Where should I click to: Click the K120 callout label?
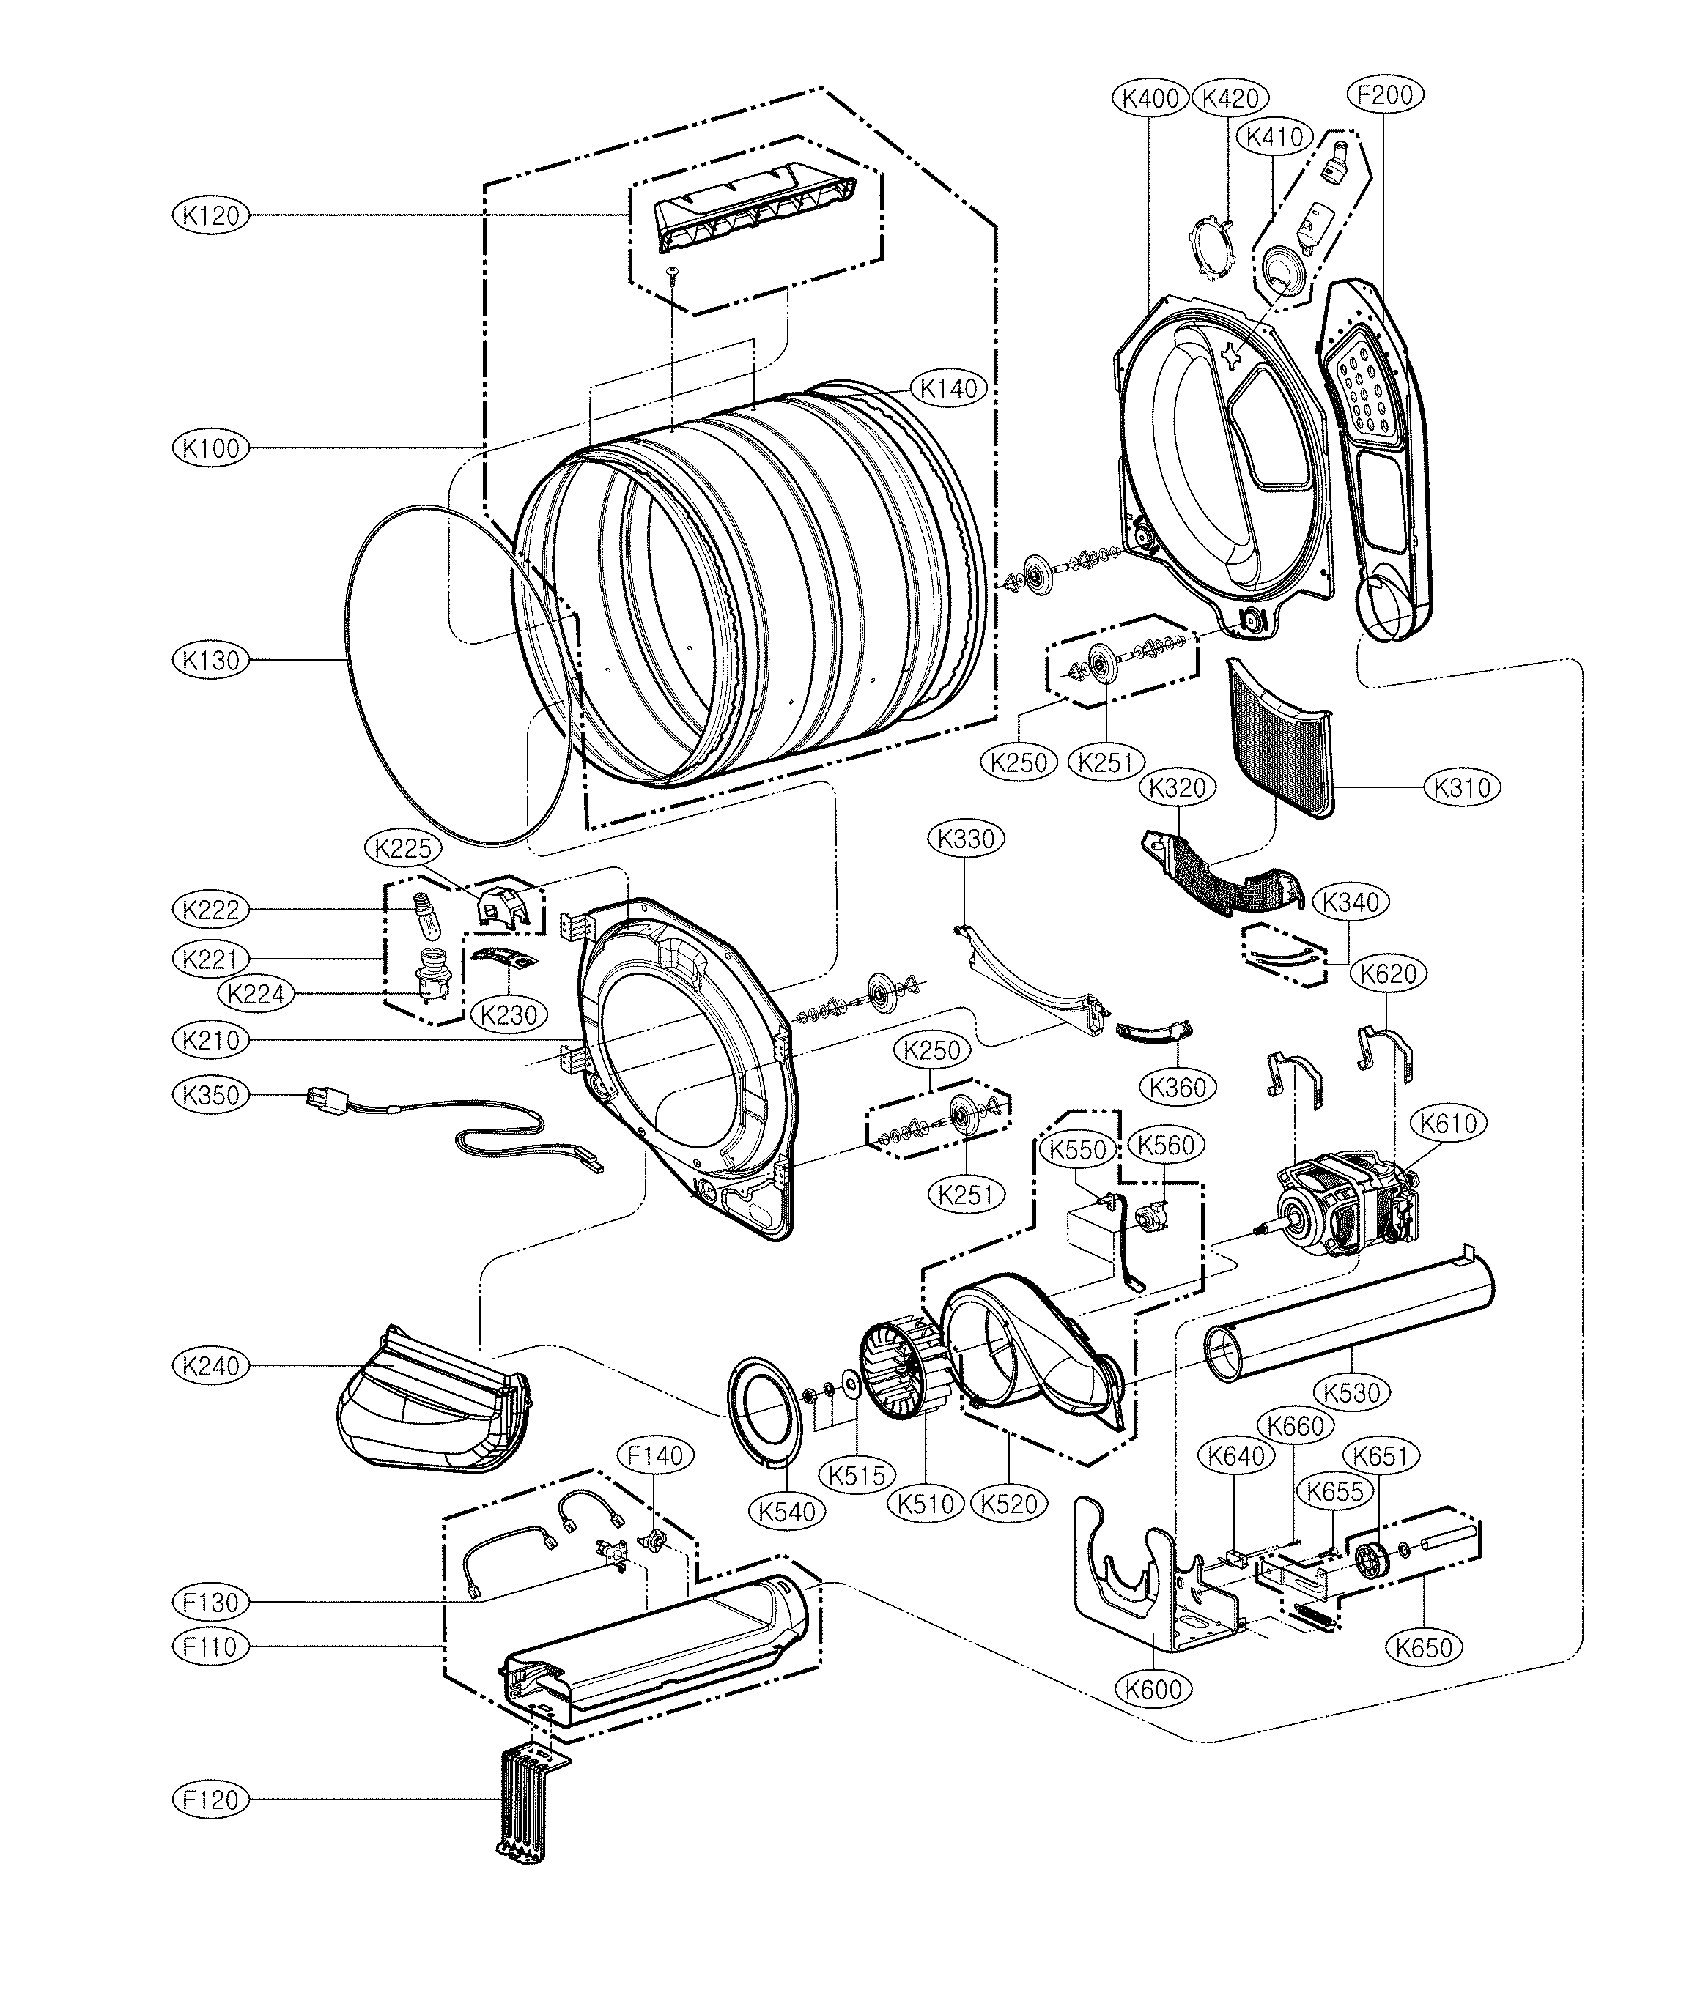(210, 216)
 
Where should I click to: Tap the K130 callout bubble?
(210, 660)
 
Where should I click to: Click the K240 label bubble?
(210, 1366)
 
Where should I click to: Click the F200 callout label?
(1385, 94)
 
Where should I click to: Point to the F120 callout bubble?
(210, 1800)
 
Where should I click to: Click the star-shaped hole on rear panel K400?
(1231, 354)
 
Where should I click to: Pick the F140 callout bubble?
(656, 1455)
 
